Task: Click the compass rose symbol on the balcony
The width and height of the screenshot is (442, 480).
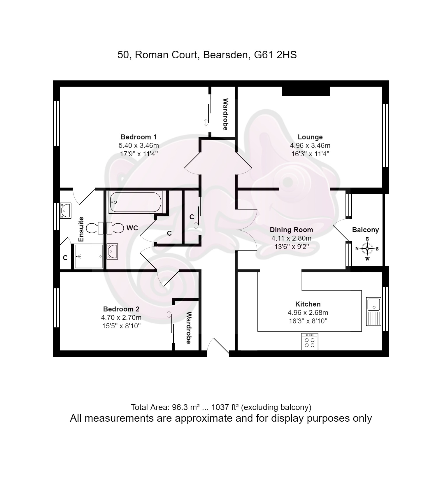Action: coord(367,249)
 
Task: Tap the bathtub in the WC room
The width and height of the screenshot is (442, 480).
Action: coord(135,202)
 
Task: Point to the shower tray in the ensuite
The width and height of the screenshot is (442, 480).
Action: coord(88,256)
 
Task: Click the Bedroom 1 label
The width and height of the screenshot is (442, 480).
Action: coord(138,137)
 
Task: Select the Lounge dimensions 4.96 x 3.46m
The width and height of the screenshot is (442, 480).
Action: coord(310,145)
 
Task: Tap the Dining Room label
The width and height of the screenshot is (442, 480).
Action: coord(291,230)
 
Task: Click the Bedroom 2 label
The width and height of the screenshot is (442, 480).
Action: coord(121,309)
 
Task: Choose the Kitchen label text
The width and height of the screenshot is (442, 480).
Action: coord(308,304)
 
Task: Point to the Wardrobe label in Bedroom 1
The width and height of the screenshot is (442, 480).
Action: coord(225,114)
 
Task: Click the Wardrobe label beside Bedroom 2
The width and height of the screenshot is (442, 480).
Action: coord(189,328)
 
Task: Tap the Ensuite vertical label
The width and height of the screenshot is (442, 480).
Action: coord(81,229)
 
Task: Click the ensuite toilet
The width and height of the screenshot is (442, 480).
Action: coord(95,228)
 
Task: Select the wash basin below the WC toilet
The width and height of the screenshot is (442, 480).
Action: coord(112,251)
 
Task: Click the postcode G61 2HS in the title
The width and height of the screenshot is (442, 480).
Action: coord(275,55)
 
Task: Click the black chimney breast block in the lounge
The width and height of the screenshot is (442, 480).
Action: coord(306,91)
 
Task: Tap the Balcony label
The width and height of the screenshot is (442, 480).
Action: coord(365,230)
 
